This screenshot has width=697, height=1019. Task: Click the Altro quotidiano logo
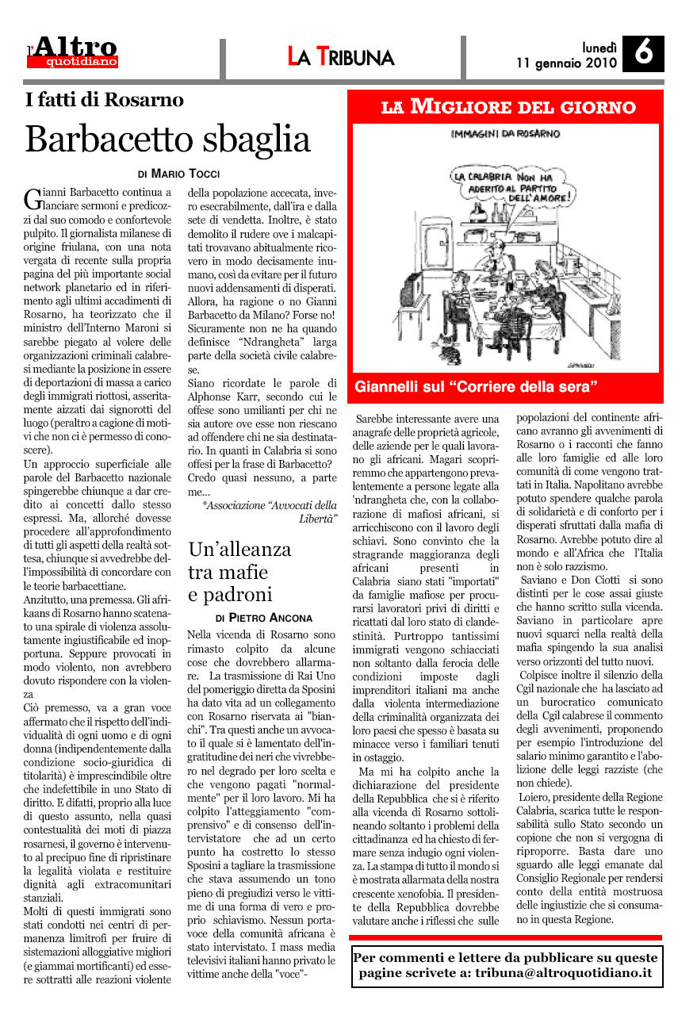coord(73,52)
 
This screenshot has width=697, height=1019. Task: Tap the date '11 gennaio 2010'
coord(565,62)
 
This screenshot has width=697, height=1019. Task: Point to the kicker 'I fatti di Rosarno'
coord(105,101)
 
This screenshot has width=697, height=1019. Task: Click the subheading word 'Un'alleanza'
coord(239,550)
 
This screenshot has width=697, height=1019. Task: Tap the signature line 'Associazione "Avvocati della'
coord(270,504)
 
